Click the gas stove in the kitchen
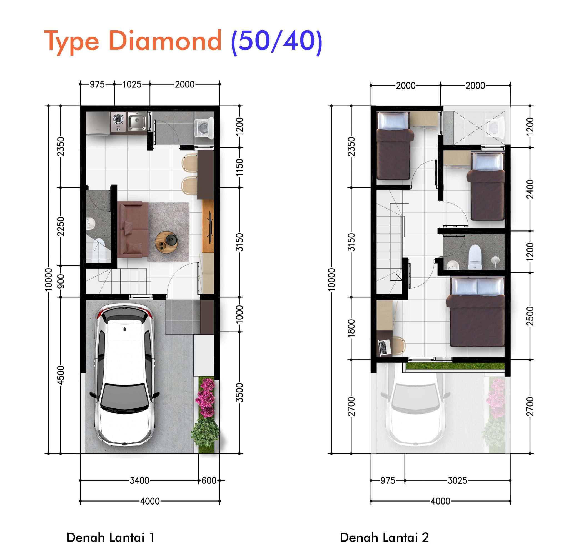118,121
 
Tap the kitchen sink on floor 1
137,121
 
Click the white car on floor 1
124,374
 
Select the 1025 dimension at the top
132,84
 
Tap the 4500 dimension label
61,375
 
